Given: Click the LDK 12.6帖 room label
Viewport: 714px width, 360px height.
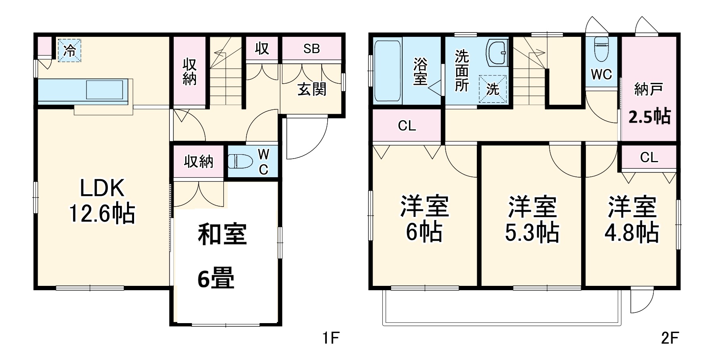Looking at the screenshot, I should [x=102, y=201].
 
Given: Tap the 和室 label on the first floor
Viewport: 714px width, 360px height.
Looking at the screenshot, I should [x=222, y=234].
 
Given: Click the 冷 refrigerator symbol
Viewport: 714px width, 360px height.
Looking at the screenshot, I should [x=69, y=50].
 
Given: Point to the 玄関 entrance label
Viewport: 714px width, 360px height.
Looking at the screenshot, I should [x=312, y=89].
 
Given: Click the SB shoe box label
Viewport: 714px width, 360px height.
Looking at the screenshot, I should [x=311, y=48].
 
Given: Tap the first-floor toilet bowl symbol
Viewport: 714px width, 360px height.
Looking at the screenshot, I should [x=240, y=162].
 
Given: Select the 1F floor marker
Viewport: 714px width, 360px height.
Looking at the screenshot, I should [x=330, y=338].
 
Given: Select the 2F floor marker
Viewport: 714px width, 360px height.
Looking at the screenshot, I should [x=670, y=338].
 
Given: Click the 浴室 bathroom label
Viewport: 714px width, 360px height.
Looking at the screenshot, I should [x=420, y=71].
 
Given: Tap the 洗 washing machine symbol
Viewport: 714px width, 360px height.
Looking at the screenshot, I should [x=493, y=89].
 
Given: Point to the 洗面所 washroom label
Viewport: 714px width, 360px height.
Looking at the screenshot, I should [x=461, y=71].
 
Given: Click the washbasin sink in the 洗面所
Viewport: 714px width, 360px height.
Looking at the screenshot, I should [x=497, y=52].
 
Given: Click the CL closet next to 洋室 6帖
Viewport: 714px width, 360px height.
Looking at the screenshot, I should [x=407, y=126].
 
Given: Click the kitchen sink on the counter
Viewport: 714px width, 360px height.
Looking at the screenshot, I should [x=104, y=89].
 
